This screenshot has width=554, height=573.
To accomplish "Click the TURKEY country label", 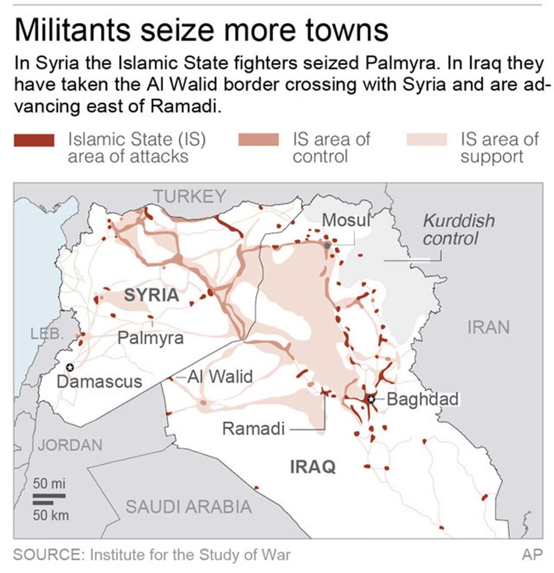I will point(190,197).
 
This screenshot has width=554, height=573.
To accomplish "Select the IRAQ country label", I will point(313,467).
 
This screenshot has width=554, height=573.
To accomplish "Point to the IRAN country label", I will point(488,328).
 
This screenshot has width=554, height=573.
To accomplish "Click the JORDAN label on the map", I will point(70,445).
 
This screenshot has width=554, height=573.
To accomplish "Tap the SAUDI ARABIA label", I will point(189,507).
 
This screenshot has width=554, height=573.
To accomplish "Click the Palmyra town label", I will point(151,338).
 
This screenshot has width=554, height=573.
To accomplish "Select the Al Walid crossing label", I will point(220,377).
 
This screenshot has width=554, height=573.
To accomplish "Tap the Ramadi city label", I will point(253,429).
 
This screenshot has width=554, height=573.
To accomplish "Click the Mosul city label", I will point(346,221).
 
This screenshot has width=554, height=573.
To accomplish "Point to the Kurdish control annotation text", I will point(458,230).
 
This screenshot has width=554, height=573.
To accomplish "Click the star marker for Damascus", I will point(70,367).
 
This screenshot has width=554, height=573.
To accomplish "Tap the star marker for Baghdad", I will point(370,399).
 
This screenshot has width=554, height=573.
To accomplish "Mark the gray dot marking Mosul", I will point(327,245).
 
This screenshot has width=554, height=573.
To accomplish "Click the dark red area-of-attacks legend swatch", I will point(35,140).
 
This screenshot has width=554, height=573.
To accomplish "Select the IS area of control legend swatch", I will point(259,140).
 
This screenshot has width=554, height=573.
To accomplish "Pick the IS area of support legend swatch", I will point(427,140).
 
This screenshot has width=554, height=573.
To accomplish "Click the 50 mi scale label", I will point(49,484).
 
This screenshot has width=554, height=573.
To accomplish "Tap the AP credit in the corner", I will point(532,555).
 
